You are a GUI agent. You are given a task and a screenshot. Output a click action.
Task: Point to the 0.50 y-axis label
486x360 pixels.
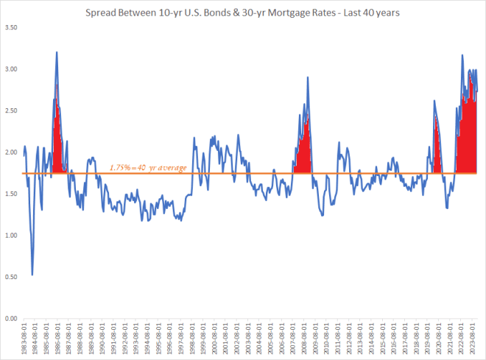click(10, 277)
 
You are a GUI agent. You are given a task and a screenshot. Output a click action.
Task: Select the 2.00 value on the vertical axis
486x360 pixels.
click(10, 152)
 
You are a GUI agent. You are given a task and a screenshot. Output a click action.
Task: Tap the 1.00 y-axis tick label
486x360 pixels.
click(10, 236)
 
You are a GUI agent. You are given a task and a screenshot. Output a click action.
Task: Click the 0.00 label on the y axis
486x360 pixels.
click(10, 319)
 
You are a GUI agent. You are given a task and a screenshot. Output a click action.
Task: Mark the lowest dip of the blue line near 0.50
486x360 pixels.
click(32, 275)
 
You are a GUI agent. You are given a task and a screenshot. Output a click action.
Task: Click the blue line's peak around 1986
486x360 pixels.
click(56, 52)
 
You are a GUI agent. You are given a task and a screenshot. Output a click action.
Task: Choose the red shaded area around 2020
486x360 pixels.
click(437, 147)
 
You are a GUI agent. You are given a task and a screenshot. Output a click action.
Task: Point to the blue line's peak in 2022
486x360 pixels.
click(462, 55)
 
